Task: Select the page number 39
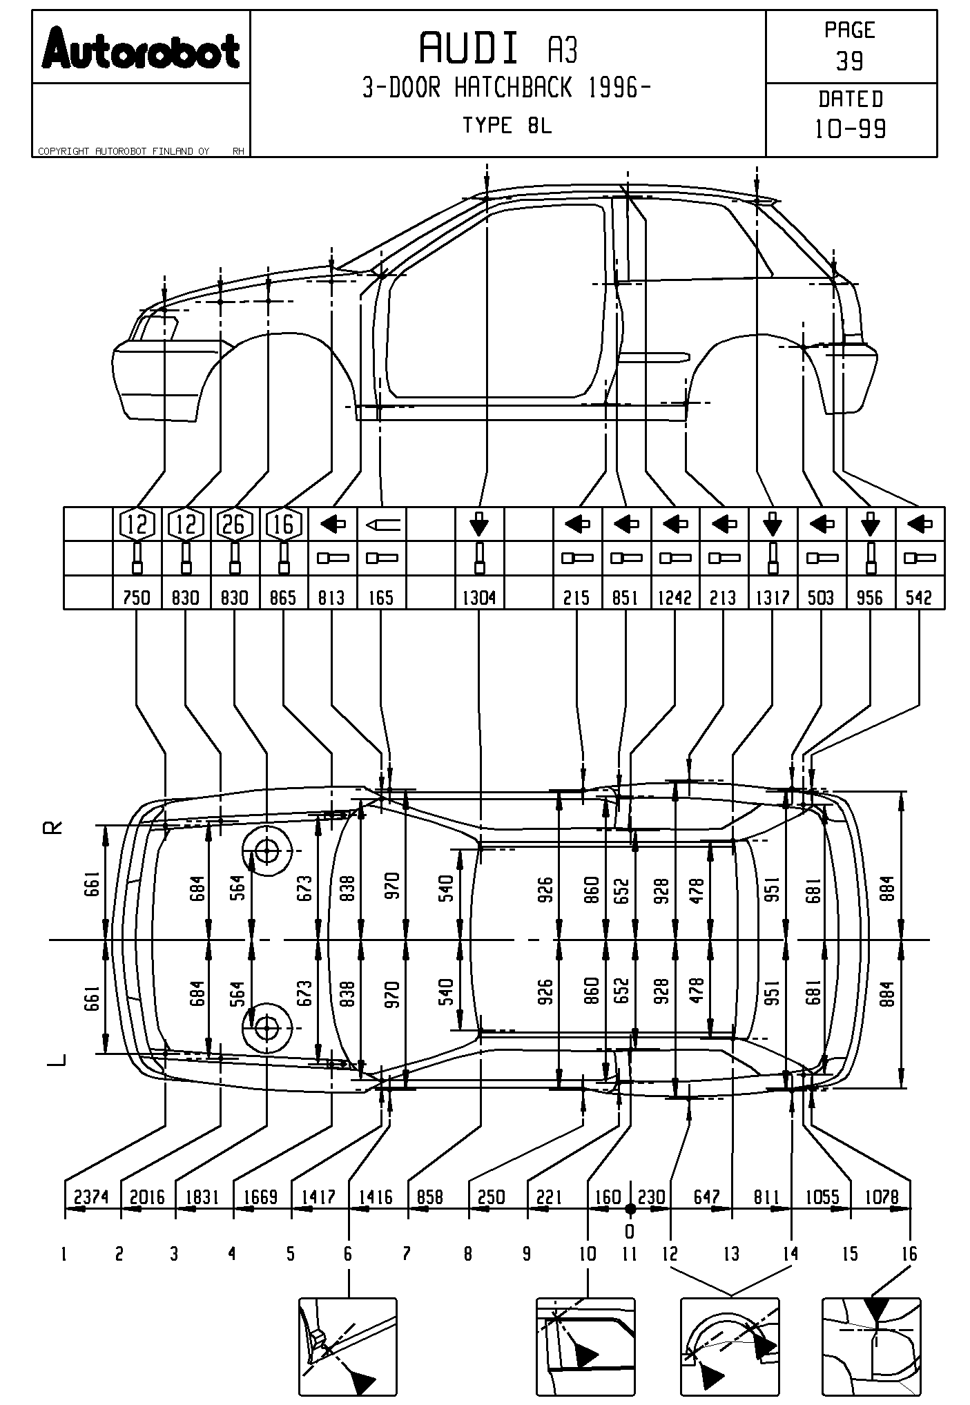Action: click(850, 61)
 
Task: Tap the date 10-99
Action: click(851, 129)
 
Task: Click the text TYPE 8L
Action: click(507, 126)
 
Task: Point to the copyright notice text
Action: click(124, 151)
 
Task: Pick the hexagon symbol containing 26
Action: click(234, 525)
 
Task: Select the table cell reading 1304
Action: click(479, 597)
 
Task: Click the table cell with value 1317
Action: click(773, 597)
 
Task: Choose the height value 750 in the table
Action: click(137, 597)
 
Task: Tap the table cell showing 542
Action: click(919, 597)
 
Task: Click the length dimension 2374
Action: click(91, 1196)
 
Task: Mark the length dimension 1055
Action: click(821, 1196)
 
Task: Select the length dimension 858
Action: click(429, 1196)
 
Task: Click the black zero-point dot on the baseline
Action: click(630, 1208)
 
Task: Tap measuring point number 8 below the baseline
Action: click(468, 1253)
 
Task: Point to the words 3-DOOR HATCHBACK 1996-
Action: click(507, 88)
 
